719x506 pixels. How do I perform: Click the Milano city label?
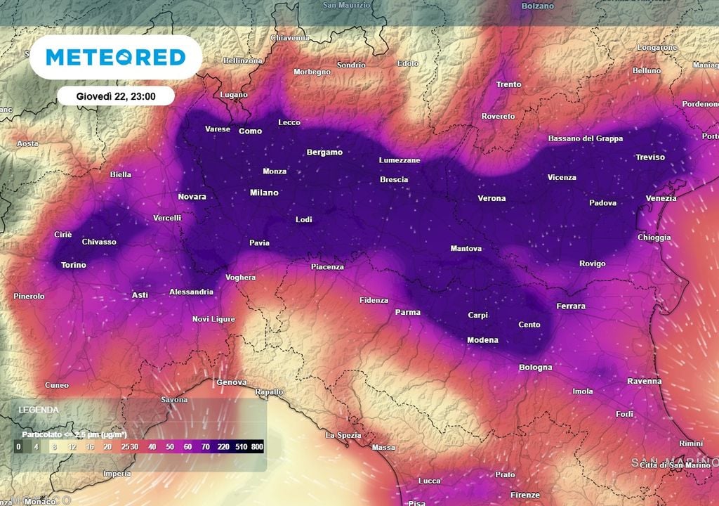(x=264, y=193)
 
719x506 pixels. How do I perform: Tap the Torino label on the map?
(x=73, y=265)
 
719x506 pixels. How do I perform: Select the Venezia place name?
(x=661, y=198)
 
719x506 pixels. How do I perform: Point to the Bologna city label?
(x=535, y=367)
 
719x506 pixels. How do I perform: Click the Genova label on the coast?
(x=232, y=382)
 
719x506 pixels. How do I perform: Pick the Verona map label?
(x=492, y=198)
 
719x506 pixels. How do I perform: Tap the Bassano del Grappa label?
(x=586, y=138)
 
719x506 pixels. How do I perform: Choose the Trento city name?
(x=508, y=84)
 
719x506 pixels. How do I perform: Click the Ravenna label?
(x=644, y=381)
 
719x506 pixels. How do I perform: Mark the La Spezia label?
(x=343, y=435)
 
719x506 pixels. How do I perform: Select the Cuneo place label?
(x=57, y=385)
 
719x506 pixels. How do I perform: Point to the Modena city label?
(x=482, y=340)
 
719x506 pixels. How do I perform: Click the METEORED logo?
(x=116, y=57)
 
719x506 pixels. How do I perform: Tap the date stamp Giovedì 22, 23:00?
(x=116, y=96)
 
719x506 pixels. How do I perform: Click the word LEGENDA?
(x=39, y=409)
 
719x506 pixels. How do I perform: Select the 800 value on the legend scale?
(x=257, y=447)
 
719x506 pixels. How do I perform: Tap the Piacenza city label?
(x=327, y=266)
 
